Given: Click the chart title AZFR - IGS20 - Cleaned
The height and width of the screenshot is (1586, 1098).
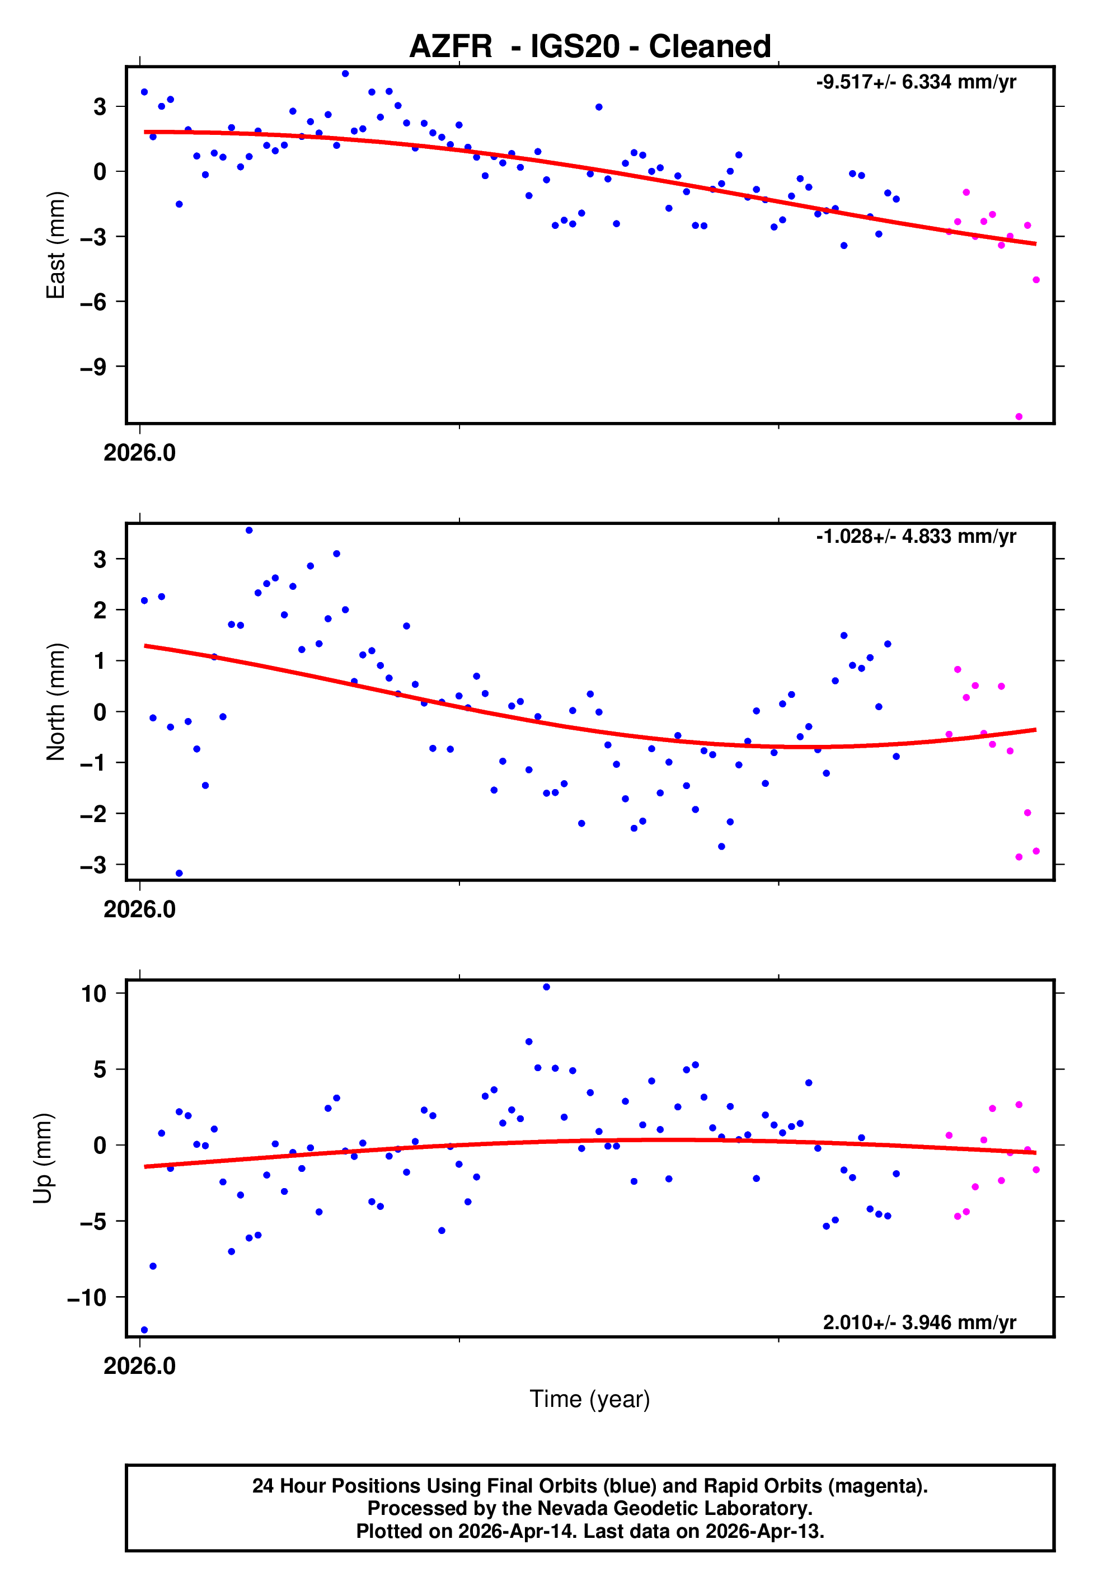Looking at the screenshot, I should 590,47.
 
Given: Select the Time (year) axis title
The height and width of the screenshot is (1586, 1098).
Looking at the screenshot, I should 590,1399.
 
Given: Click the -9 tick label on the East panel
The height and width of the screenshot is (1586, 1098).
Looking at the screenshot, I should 93,367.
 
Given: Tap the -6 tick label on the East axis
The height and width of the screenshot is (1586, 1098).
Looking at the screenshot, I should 93,301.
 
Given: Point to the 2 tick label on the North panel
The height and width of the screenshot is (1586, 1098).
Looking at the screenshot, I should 100,610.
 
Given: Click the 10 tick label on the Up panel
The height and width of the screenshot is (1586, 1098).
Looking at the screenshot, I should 93,993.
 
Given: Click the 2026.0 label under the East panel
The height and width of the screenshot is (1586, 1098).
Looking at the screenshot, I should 140,453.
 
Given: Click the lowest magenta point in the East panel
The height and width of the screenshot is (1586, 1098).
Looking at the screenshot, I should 1019,417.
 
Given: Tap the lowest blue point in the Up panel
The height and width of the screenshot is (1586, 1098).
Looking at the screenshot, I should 144,1330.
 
